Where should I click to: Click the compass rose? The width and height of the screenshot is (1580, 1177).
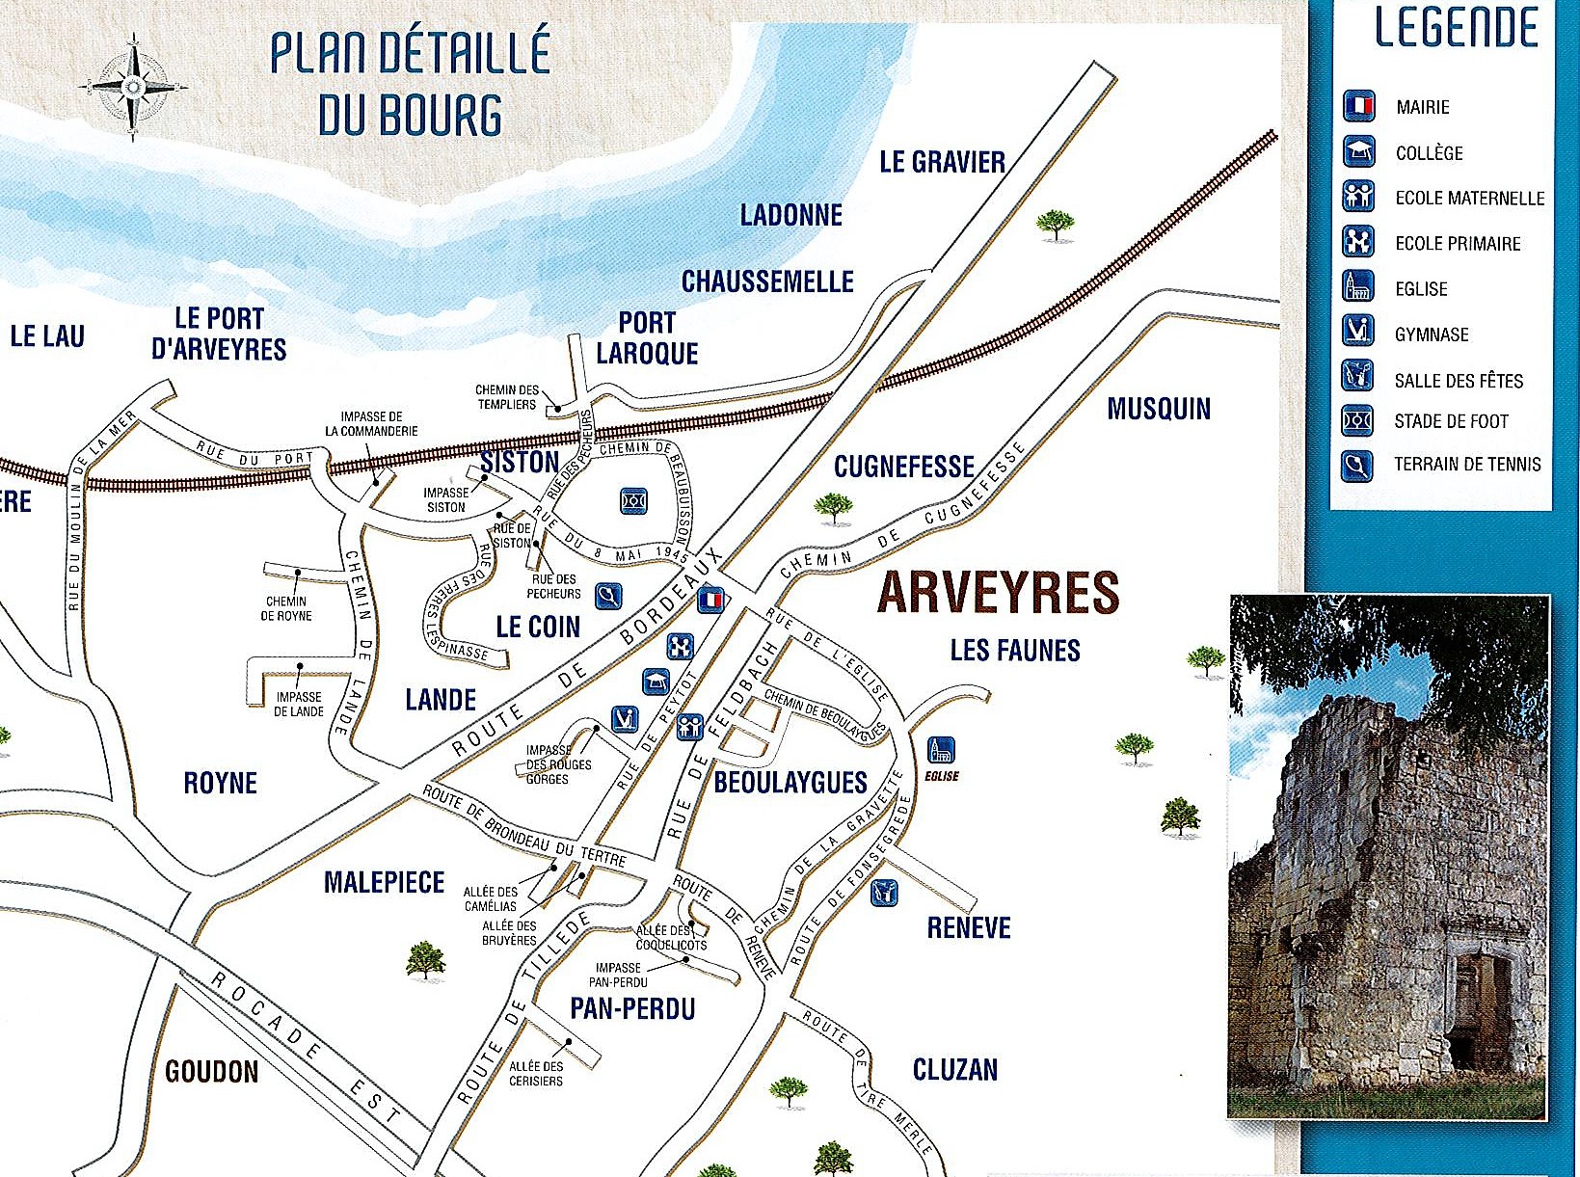[133, 87]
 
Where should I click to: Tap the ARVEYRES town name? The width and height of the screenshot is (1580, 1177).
[998, 593]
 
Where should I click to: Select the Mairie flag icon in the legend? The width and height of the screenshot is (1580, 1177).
[1359, 106]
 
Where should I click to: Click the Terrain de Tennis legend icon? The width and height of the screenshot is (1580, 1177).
[1357, 467]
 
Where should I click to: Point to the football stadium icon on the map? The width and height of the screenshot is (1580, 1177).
[633, 501]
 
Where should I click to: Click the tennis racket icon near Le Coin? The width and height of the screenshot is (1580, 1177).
[608, 597]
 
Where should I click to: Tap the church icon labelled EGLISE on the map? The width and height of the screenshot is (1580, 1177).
[941, 750]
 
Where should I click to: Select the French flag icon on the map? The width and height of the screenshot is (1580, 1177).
[710, 600]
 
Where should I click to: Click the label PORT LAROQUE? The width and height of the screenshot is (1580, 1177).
[647, 337]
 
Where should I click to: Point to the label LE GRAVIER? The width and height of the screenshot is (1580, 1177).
[942, 162]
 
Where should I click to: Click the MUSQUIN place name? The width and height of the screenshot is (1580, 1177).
[1158, 409]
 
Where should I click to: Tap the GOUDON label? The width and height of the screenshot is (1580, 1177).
[211, 1071]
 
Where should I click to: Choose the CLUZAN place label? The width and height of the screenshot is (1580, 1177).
[954, 1069]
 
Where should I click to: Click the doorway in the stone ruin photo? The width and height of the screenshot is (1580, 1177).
[1480, 1007]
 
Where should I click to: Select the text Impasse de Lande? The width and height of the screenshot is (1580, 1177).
[299, 704]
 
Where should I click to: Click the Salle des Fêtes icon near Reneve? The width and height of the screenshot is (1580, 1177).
[884, 893]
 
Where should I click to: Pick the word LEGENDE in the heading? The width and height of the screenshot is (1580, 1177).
[1456, 28]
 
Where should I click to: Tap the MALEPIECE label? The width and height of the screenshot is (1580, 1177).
[384, 882]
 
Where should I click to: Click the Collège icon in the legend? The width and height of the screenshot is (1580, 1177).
[1359, 152]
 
